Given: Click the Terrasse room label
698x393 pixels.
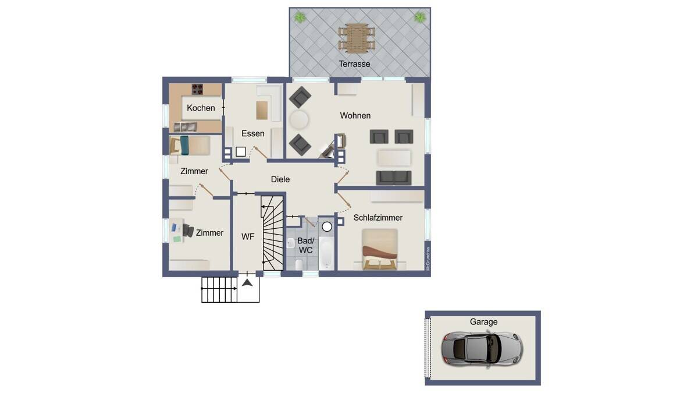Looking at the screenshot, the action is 354,64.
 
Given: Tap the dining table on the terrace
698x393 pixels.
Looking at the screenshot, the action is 357,38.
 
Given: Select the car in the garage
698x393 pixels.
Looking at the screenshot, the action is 482,349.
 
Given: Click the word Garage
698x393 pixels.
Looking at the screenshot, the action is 483,321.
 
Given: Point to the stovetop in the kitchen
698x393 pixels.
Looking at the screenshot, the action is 197,89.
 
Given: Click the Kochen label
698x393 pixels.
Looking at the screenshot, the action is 201,108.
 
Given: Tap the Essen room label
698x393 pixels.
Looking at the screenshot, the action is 252,133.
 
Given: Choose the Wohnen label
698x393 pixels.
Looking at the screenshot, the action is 355,115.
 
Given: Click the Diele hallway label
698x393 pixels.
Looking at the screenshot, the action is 280,179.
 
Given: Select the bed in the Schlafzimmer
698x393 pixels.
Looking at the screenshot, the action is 380,249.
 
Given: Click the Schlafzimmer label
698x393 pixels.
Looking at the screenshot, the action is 378,218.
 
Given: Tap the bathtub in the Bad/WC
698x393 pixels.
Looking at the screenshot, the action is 326,253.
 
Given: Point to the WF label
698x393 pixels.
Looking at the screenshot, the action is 248,237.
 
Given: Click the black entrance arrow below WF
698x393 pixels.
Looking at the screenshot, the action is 247,283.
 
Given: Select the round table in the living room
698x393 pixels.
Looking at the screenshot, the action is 299,119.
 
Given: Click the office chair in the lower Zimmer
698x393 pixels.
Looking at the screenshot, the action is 188,230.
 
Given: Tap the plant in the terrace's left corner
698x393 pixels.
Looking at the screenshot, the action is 300,17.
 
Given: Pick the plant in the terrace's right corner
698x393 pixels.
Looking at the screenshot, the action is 420,17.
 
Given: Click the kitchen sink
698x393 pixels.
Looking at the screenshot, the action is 185,127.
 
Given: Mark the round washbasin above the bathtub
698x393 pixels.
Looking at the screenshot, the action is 327,226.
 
